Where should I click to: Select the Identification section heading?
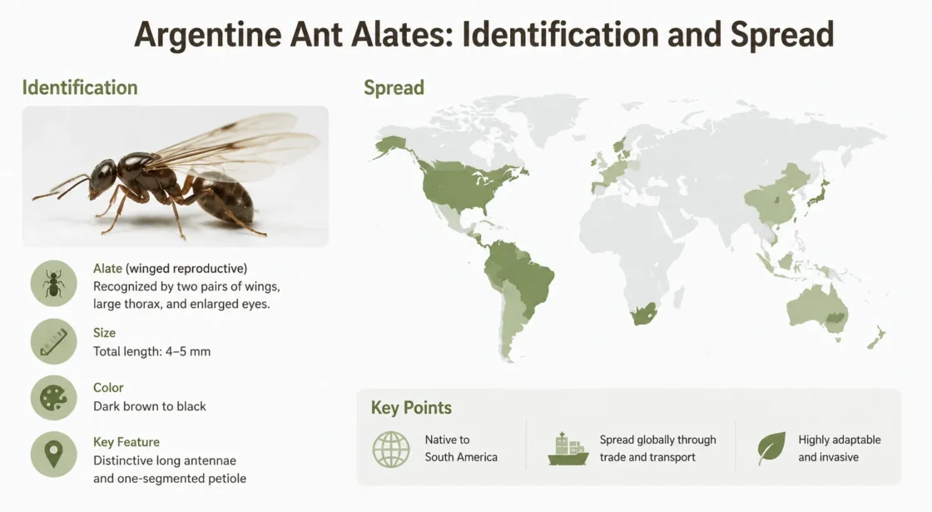coord(80,87)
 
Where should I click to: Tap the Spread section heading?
coord(394,87)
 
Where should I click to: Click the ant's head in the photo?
coord(103,175)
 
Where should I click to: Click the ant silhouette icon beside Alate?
coord(53,283)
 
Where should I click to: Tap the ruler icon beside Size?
coord(53,341)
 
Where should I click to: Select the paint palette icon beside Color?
coord(53,398)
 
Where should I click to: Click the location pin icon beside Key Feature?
coord(53,455)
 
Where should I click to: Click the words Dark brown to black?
coord(150,406)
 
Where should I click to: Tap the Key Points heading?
coord(411,407)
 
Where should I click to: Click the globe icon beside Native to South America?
coord(391,449)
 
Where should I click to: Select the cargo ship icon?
coord(568,449)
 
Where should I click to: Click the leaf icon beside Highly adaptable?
coord(771,449)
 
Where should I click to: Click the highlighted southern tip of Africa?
coord(644,313)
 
